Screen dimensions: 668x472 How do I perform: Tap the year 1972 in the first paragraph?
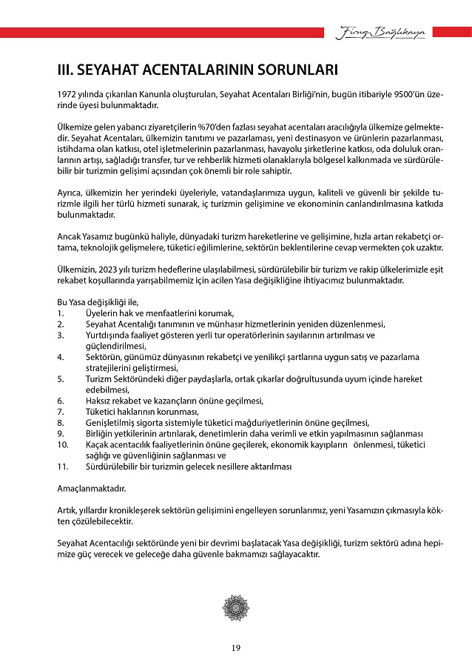pos(67,96)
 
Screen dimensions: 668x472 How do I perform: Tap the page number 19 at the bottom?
pos(235,649)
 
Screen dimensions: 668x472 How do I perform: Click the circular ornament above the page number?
pos(235,607)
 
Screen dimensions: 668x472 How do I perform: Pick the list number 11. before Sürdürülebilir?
pos(62,467)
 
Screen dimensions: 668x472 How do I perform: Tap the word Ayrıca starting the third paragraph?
pos(70,191)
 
